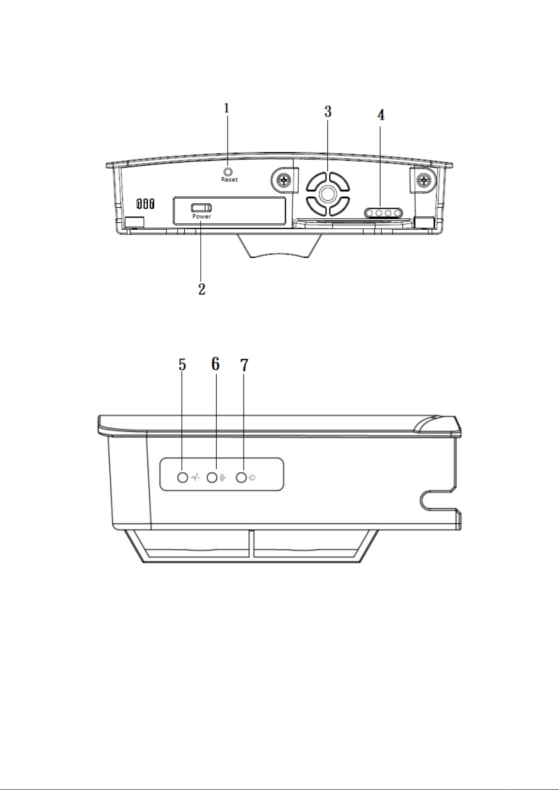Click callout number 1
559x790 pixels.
pos(227,108)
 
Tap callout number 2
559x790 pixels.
pos(202,289)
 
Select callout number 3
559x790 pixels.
pos(328,112)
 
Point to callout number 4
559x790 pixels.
pos(381,115)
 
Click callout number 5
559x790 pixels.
pos(182,365)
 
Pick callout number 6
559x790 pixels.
pos(216,364)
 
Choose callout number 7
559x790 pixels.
pos(244,365)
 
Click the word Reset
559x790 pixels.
pos(229,180)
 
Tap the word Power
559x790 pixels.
pos(201,216)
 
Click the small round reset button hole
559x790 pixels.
pos(228,172)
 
